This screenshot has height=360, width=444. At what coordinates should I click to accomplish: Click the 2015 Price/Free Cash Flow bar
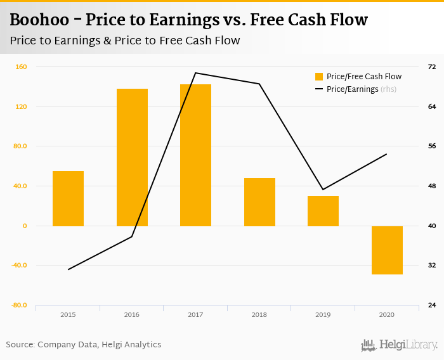[68, 198]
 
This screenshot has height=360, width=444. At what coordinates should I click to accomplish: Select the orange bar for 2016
[132, 157]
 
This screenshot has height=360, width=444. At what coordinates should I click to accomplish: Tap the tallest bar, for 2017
[195, 155]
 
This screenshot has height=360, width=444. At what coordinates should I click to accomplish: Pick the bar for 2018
[259, 202]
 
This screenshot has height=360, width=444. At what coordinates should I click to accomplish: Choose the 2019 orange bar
[323, 210]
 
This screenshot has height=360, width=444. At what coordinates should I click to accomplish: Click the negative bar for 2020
[387, 250]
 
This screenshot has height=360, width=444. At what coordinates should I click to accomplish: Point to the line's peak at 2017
[195, 73]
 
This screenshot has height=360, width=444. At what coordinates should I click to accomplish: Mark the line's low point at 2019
[323, 190]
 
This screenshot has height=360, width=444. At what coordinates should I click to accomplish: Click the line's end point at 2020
[387, 154]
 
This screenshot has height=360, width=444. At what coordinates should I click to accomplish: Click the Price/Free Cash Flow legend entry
[358, 77]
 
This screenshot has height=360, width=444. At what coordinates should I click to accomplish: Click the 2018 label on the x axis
[259, 314]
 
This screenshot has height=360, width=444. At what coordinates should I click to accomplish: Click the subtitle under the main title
[125, 41]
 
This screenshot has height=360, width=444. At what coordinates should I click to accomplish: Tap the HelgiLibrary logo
[399, 345]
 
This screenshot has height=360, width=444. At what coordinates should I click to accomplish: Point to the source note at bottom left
[84, 345]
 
